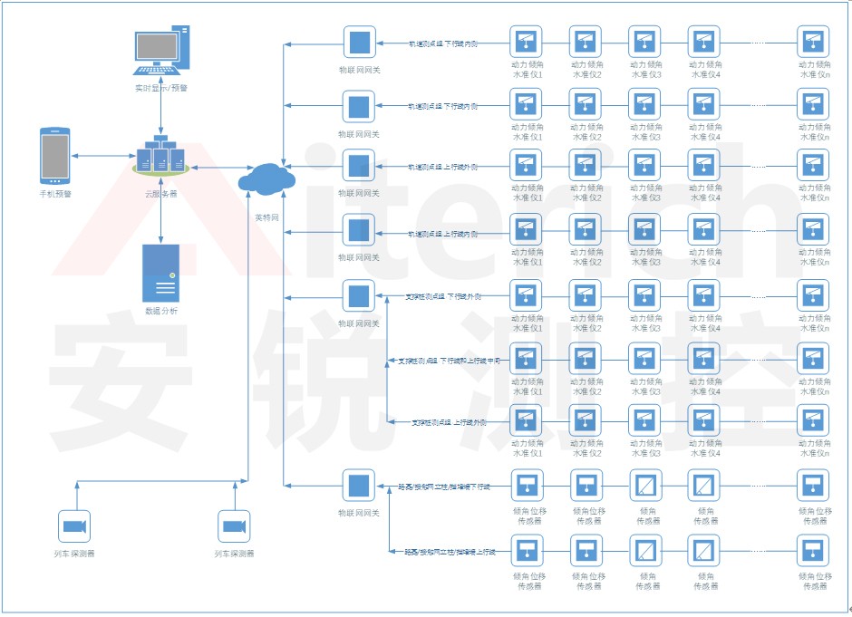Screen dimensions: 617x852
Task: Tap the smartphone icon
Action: point(55,156)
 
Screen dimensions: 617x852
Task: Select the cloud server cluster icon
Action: point(160,156)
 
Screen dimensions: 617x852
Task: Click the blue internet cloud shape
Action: point(266,178)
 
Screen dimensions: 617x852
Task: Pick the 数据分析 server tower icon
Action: point(160,273)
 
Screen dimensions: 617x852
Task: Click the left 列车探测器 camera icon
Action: point(74,527)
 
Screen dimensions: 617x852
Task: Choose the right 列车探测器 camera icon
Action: point(234,527)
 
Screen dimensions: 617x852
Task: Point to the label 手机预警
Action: point(55,194)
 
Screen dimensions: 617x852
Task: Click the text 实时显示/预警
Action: point(161,87)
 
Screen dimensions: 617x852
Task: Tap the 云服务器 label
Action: point(160,194)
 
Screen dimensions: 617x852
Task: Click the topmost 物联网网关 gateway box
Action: point(359,42)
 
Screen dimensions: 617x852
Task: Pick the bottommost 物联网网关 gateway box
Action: point(359,486)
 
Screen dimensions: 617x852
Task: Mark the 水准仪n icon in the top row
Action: point(812,42)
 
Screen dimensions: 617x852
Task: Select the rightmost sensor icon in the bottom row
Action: point(812,551)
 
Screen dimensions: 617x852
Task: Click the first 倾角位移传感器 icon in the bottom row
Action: point(527,551)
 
